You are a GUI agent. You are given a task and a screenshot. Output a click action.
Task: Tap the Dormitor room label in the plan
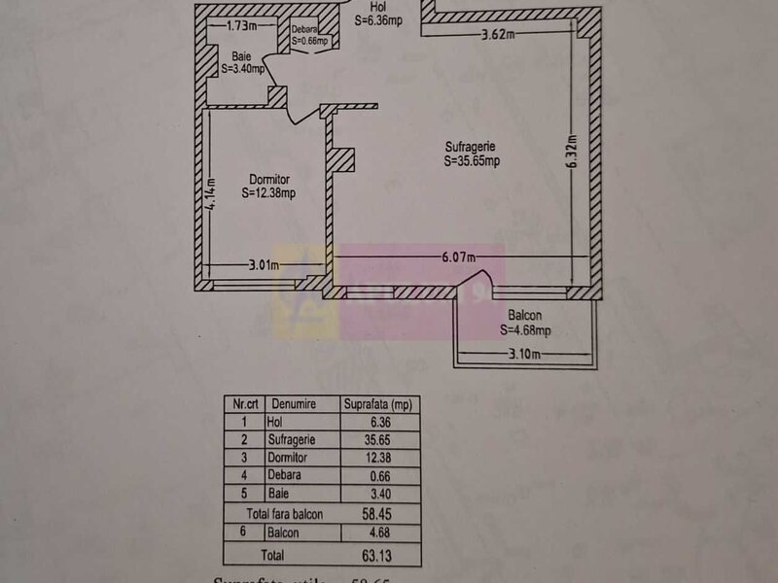coord(269,179)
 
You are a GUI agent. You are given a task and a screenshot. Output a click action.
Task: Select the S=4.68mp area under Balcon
coord(526,330)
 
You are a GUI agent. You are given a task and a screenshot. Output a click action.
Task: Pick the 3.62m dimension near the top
coord(498,35)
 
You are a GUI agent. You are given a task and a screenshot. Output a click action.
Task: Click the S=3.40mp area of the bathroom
coord(239,70)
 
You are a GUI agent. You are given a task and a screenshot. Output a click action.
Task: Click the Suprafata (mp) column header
coord(379,402)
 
